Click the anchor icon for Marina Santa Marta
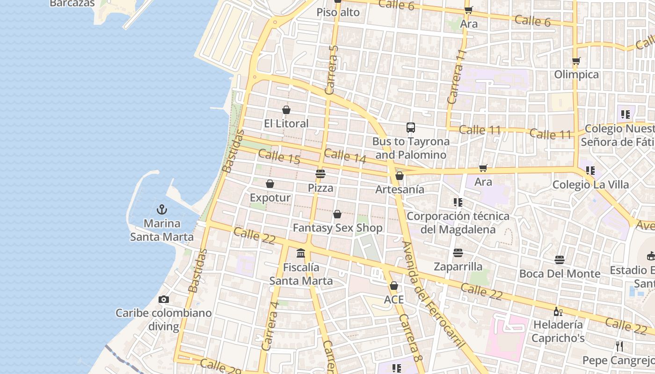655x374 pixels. pyautogui.click(x=162, y=209)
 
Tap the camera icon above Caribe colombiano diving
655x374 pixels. pyautogui.click(x=164, y=299)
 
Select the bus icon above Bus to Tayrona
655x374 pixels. pyautogui.click(x=411, y=127)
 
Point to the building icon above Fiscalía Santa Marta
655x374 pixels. pyautogui.click(x=301, y=253)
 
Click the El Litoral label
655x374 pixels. pyautogui.click(x=286, y=123)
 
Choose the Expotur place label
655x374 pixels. pyautogui.click(x=270, y=197)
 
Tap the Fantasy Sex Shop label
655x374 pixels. pyautogui.click(x=337, y=228)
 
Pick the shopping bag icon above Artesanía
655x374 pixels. pyautogui.click(x=400, y=176)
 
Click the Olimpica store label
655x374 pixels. pyautogui.click(x=576, y=74)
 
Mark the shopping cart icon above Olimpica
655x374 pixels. pyautogui.click(x=576, y=61)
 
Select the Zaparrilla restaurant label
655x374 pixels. pyautogui.click(x=458, y=266)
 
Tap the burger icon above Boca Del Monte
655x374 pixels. pyautogui.click(x=560, y=260)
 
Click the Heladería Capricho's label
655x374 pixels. pyautogui.click(x=558, y=331)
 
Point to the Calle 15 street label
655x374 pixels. pyautogui.click(x=279, y=157)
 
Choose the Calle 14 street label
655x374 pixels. pyautogui.click(x=345, y=156)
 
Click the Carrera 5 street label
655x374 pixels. pyautogui.click(x=332, y=70)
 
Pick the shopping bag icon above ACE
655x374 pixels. pyautogui.click(x=394, y=286)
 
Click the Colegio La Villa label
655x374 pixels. pyautogui.click(x=590, y=184)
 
